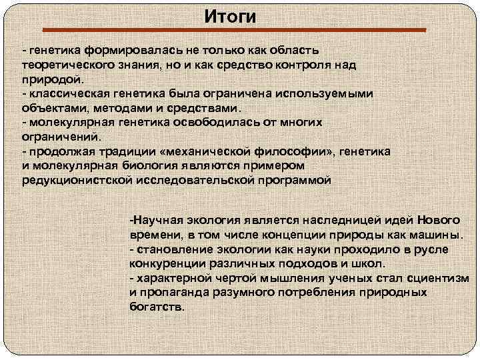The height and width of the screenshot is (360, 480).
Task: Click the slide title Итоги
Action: (229, 16)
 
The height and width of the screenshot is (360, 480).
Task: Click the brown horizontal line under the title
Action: (234, 30)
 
